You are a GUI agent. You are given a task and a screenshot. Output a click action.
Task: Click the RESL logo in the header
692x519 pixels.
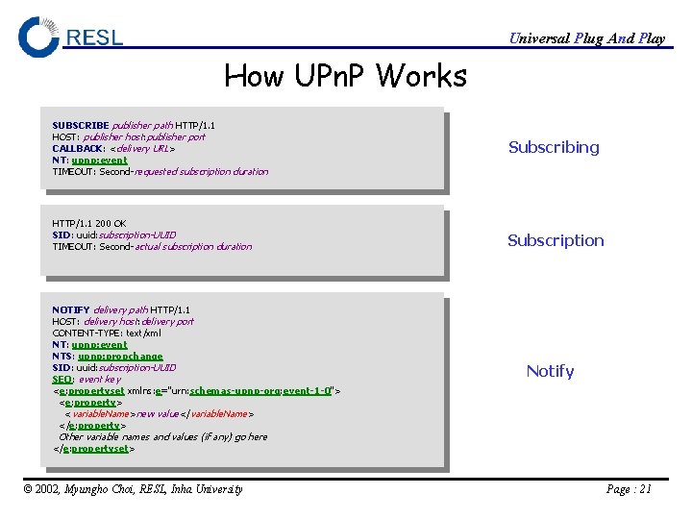pos(71,37)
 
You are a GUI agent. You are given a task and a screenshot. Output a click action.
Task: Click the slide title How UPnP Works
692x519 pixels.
pos(345,75)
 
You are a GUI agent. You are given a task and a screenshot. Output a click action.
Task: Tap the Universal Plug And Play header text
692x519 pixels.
pos(586,38)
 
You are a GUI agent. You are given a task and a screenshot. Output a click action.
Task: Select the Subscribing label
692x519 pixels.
pos(554,147)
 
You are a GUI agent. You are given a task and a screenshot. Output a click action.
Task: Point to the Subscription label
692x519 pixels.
pos(556,240)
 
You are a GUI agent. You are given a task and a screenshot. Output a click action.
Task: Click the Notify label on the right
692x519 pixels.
pos(550,371)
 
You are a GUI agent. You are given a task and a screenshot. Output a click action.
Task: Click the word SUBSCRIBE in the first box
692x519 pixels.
pos(81,125)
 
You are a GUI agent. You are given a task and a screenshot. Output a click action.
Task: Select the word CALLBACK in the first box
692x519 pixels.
pos(78,148)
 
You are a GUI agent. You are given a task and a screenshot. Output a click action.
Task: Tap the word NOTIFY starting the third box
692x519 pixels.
pos(71,309)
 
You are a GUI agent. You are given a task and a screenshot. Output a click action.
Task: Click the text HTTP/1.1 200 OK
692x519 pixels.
pos(88,223)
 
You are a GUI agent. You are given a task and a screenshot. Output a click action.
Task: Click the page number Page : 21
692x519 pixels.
pos(629,489)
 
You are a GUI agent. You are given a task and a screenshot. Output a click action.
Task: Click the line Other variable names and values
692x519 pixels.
pos(162,436)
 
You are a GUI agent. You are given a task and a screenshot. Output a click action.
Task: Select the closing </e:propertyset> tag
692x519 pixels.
pos(94,448)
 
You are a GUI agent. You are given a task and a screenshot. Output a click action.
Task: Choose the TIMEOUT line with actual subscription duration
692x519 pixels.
pos(152,246)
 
